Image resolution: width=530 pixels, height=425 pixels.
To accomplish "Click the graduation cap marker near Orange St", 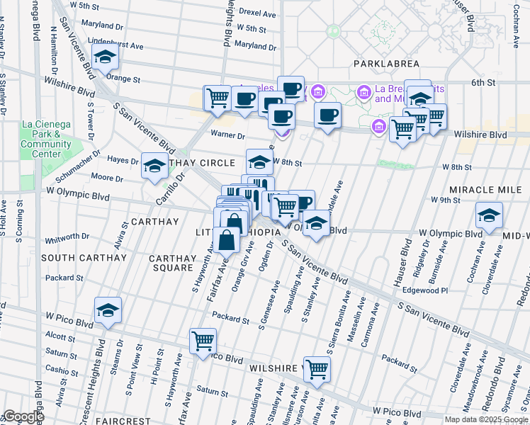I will pyautogui.click(x=105, y=57).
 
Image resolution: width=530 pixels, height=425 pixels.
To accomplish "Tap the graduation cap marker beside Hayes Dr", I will pyautogui.click(x=154, y=167).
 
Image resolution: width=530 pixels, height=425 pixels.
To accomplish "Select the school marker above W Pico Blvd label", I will pyautogui.click(x=108, y=311).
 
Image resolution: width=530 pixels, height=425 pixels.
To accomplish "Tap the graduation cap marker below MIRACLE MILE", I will pyautogui.click(x=489, y=216).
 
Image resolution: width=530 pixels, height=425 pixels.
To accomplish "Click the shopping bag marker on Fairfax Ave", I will pyautogui.click(x=227, y=241).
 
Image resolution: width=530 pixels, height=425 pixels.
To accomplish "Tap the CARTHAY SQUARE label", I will pyautogui.click(x=173, y=263).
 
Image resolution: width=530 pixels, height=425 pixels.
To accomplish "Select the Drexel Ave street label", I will pyautogui.click(x=256, y=13).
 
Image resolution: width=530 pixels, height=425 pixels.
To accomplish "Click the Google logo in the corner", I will pyautogui.click(x=23, y=416).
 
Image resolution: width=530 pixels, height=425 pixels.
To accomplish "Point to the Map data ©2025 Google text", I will pyautogui.click(x=485, y=419).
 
